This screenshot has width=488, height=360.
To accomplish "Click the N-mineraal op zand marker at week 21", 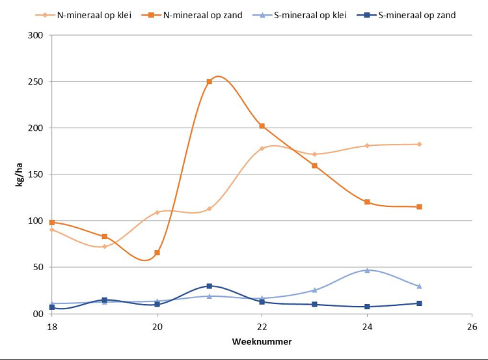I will pyautogui.click(x=210, y=81).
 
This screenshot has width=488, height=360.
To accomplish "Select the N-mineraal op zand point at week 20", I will pyautogui.click(x=157, y=253).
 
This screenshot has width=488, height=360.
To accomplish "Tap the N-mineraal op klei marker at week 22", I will pyautogui.click(x=262, y=148).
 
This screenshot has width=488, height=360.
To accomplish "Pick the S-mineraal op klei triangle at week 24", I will pyautogui.click(x=367, y=270).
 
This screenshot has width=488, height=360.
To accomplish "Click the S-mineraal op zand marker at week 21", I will pyautogui.click(x=210, y=286).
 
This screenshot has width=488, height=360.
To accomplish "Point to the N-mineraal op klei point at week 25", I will pyautogui.click(x=420, y=144).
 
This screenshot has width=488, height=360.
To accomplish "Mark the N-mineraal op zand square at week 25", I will pyautogui.click(x=420, y=206).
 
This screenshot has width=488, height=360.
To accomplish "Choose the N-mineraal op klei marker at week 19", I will pyautogui.click(x=104, y=246).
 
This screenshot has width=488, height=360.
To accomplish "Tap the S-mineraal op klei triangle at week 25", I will pyautogui.click(x=420, y=286).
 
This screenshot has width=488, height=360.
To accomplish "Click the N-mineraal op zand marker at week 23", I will pyautogui.click(x=314, y=165).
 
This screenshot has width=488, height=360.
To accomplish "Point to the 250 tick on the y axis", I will pyautogui.click(x=37, y=82).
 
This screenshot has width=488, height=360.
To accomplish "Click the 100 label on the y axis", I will pyautogui.click(x=37, y=221).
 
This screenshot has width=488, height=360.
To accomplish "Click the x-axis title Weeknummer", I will pyautogui.click(x=262, y=340).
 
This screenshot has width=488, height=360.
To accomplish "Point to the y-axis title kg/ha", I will pyautogui.click(x=20, y=174).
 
